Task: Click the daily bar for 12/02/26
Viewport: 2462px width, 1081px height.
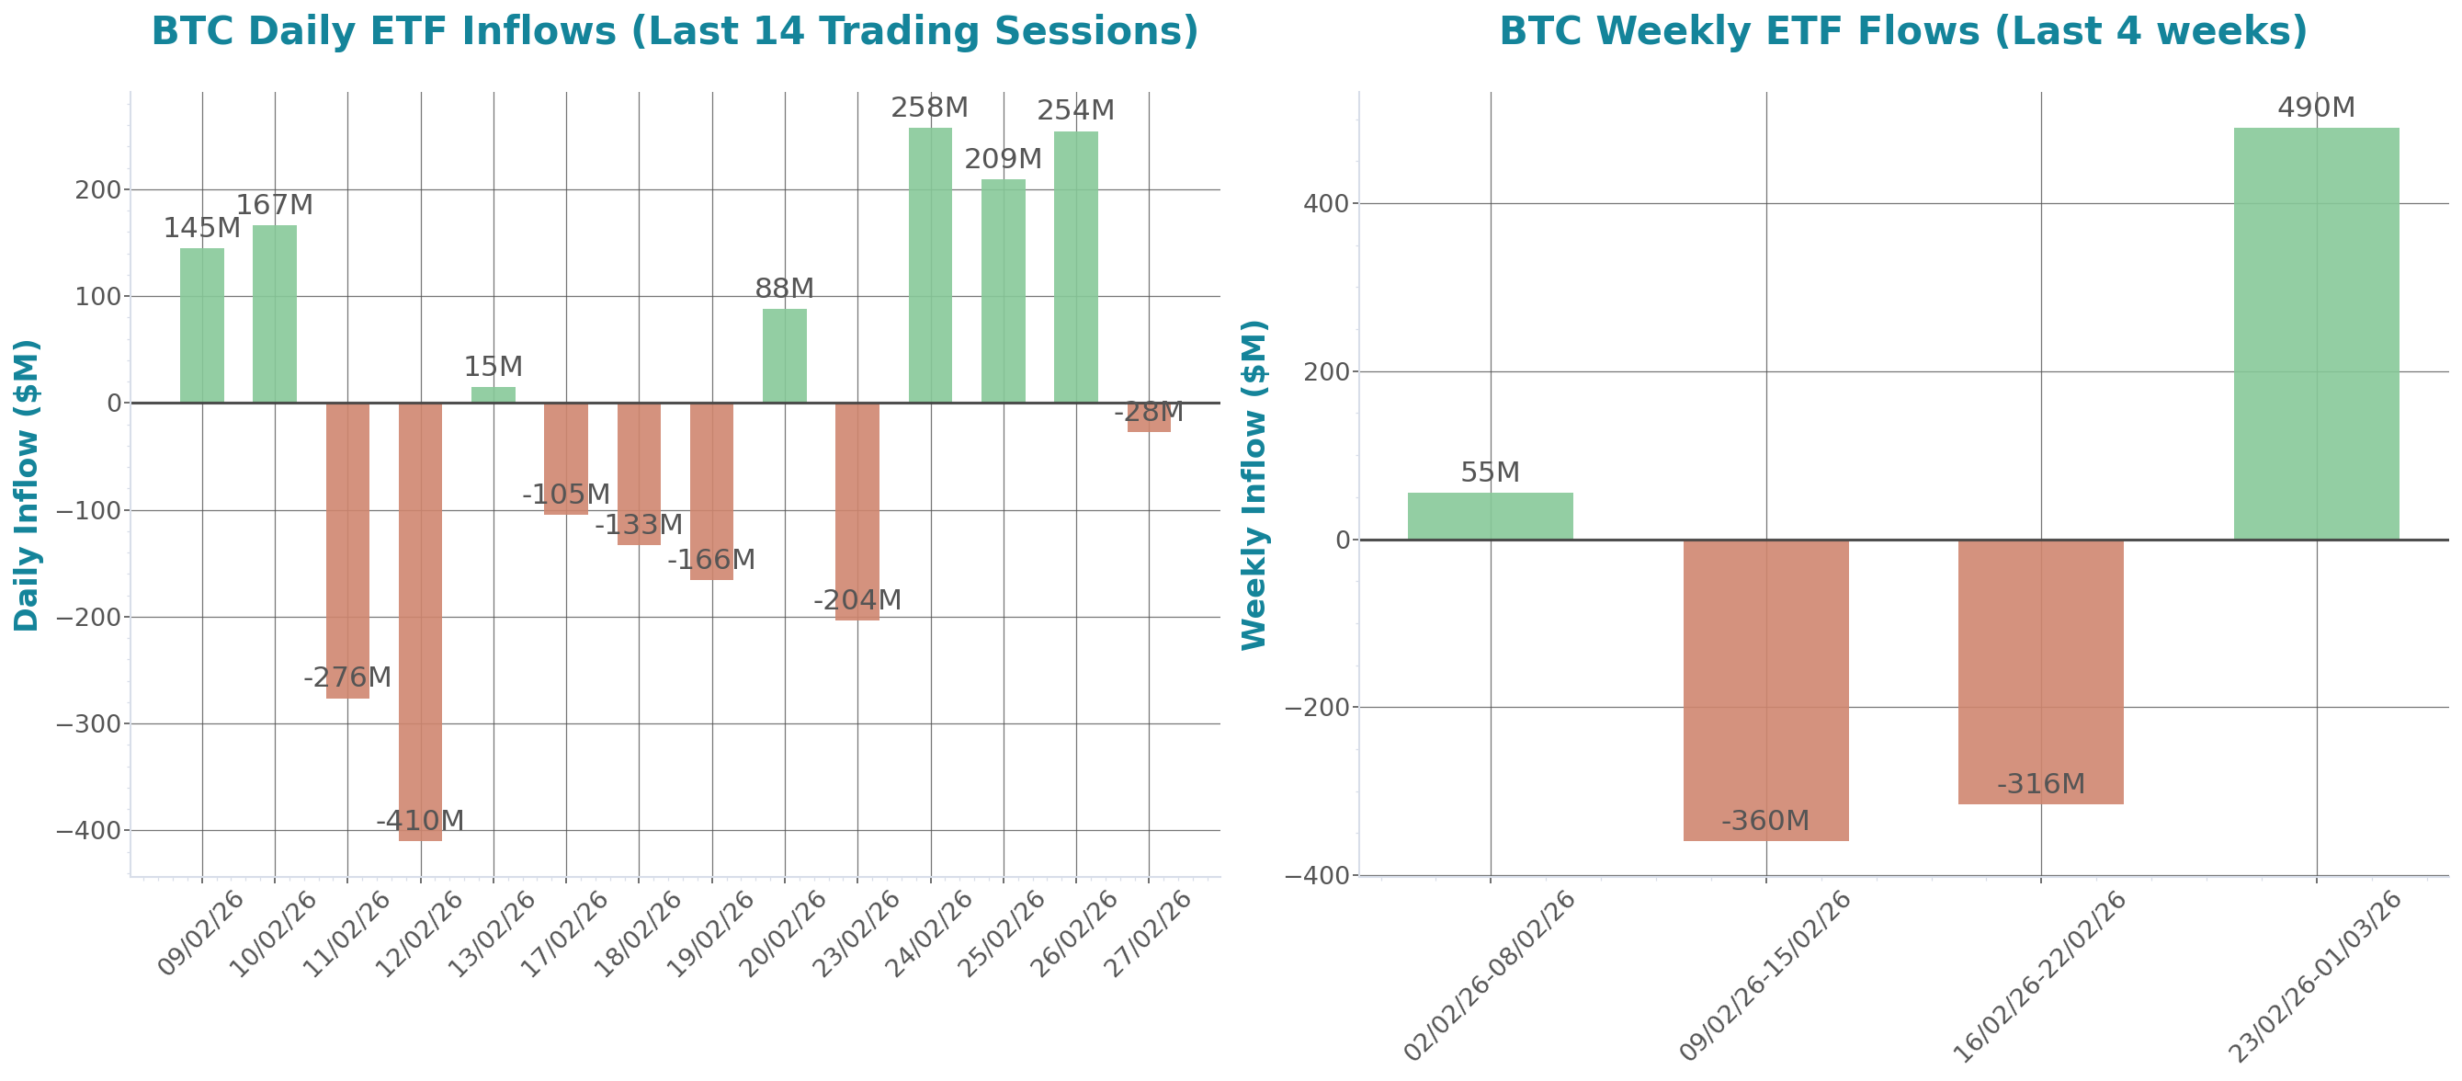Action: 421,621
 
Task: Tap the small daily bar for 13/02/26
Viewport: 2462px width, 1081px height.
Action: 494,394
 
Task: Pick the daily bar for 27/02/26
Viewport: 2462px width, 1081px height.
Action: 1149,417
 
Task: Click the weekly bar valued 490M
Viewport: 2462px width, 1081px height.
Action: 2316,334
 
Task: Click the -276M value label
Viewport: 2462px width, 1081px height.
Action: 347,677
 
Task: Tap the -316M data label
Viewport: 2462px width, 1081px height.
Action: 2040,785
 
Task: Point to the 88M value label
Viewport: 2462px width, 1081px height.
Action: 784,288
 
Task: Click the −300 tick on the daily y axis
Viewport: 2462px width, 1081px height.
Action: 89,724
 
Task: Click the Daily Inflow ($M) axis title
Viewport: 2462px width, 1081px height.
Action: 27,484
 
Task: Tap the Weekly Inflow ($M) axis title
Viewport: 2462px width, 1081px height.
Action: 1253,484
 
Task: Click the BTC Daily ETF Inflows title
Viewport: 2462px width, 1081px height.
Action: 675,31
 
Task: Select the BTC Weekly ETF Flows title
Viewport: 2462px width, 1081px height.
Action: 1903,31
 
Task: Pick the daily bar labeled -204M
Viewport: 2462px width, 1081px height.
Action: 857,511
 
